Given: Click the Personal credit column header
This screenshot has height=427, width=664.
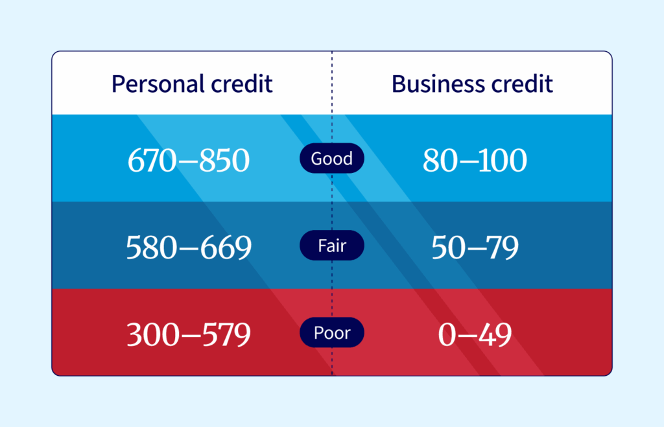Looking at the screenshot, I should [x=192, y=84].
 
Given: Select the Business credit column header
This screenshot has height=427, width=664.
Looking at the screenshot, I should [x=472, y=84].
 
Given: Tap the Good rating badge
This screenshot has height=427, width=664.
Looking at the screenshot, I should [x=331, y=159].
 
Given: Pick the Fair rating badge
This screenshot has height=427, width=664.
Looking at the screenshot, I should [x=331, y=246].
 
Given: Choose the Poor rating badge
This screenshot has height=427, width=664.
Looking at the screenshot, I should [x=331, y=333].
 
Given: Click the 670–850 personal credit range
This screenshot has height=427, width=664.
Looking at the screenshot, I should [x=188, y=161].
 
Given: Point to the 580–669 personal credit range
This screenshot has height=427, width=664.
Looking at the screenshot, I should [x=188, y=248].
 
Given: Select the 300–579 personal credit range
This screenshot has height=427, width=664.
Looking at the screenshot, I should [x=188, y=334].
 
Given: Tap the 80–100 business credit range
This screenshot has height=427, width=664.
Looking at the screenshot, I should [x=475, y=161].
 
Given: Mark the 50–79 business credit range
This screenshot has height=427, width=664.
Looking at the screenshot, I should [x=475, y=248].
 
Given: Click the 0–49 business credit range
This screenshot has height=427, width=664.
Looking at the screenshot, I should [x=475, y=334].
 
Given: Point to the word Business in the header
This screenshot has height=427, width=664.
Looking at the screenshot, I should [x=433, y=84].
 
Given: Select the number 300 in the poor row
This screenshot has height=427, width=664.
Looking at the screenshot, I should [x=152, y=334].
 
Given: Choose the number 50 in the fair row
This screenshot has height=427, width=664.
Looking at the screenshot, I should [x=447, y=248].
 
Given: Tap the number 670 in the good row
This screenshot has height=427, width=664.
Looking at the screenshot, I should [x=152, y=161].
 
